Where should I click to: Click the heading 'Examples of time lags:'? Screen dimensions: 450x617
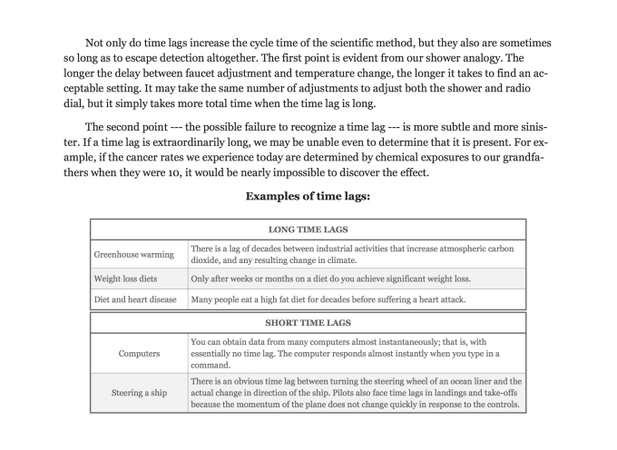tap(308, 196)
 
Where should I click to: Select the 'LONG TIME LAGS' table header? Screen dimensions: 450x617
tap(308, 230)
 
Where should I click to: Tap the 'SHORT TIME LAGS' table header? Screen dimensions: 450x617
tap(308, 321)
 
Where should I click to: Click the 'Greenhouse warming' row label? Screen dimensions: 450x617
tap(134, 254)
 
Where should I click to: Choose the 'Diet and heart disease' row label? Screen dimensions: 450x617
tap(135, 299)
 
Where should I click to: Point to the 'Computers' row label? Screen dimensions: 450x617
tap(139, 353)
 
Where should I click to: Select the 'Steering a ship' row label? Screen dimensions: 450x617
tap(139, 393)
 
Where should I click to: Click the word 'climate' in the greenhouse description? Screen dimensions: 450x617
tap(350, 259)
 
